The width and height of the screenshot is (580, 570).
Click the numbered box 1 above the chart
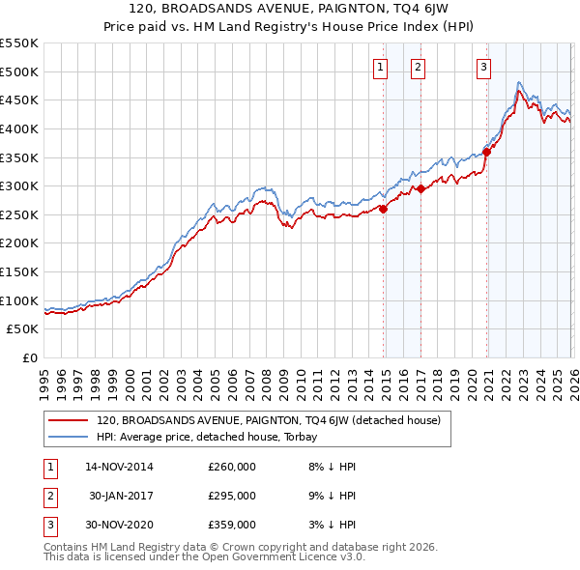click(x=380, y=67)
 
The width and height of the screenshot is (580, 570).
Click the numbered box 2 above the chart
click(x=418, y=67)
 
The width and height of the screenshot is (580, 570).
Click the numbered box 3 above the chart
click(x=482, y=67)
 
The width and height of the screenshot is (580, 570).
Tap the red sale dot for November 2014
click(x=384, y=208)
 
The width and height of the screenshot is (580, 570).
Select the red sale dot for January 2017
click(x=421, y=188)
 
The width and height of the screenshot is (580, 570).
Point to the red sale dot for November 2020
click(x=487, y=151)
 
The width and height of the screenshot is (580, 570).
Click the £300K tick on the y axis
click(x=19, y=185)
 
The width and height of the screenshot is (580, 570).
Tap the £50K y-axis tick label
click(x=23, y=328)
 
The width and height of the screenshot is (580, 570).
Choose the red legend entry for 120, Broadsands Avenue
click(x=268, y=420)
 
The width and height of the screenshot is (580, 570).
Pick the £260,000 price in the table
click(x=232, y=467)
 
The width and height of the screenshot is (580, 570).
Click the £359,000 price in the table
click(x=232, y=525)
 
